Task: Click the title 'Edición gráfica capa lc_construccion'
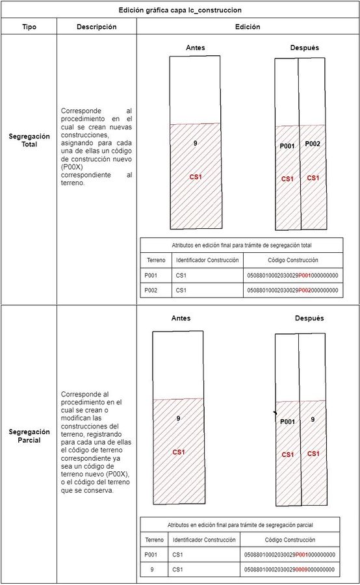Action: click(180, 10)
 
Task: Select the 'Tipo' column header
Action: click(29, 27)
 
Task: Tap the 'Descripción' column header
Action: click(97, 27)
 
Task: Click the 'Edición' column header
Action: click(248, 27)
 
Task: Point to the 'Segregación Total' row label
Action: click(29, 140)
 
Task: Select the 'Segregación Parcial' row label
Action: click(29, 435)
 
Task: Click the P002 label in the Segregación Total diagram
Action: click(313, 144)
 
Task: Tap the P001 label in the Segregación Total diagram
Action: click(287, 146)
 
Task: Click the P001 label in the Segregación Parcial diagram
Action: click(288, 422)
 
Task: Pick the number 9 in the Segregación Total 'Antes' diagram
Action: click(195, 143)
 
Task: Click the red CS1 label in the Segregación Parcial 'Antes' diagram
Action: click(179, 452)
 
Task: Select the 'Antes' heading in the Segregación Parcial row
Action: click(181, 318)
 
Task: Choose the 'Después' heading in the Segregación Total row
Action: click(305, 47)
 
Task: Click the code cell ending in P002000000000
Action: click(293, 291)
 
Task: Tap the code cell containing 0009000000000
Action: click(290, 569)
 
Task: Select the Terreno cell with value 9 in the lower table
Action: click(152, 569)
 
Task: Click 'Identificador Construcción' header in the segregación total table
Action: click(207, 260)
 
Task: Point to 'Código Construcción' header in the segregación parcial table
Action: click(290, 540)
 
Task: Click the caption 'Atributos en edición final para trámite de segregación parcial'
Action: click(240, 525)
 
